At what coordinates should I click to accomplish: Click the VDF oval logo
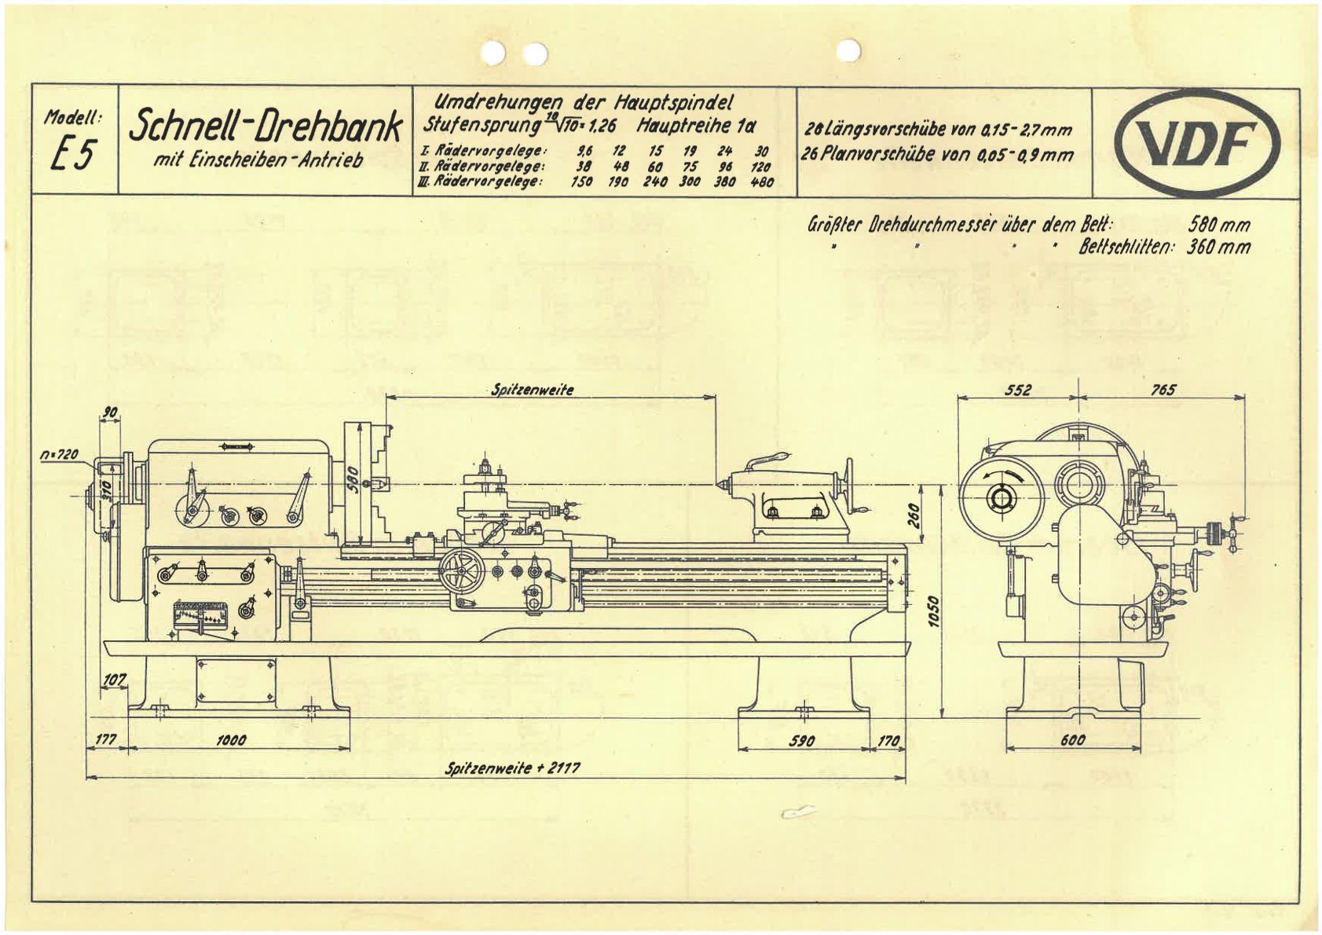[x=1196, y=143]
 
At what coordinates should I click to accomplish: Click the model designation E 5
[x=73, y=155]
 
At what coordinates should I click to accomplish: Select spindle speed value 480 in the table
[x=761, y=182]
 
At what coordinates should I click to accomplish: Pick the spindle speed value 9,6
[x=584, y=151]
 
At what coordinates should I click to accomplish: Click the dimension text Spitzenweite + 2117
[x=512, y=768]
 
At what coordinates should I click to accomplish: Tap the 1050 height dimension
[x=934, y=610]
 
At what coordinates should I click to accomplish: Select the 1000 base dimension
[x=231, y=739]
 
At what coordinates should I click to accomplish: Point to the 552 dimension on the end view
[x=1017, y=390]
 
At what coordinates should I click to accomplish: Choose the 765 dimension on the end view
[x=1163, y=390]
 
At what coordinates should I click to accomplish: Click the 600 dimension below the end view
[x=1072, y=739]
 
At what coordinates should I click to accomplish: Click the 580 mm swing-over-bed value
[x=1219, y=225]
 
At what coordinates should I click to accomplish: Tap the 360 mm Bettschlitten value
[x=1219, y=247]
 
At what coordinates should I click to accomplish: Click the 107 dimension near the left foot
[x=115, y=679]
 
